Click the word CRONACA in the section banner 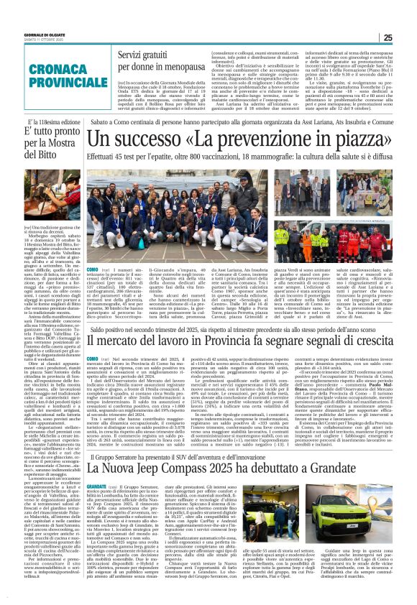point(42,58)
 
